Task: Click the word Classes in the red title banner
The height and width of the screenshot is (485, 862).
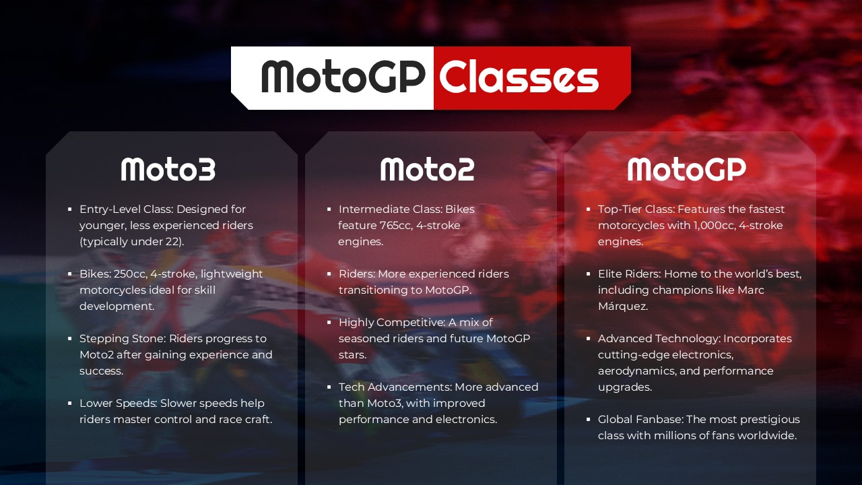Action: [x=519, y=77]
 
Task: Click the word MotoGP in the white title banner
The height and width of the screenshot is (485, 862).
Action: [x=343, y=77]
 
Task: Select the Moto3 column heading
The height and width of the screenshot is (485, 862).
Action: [x=168, y=169]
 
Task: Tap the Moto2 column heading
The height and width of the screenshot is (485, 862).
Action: [x=427, y=169]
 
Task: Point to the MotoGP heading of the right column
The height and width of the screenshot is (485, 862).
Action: [x=686, y=169]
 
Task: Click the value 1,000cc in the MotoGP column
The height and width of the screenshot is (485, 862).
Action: [x=715, y=226]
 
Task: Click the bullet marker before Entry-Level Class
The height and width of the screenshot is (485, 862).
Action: [x=70, y=209]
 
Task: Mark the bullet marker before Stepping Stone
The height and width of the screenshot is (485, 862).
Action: [x=70, y=339]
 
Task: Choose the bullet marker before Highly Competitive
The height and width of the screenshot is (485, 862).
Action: [x=329, y=323]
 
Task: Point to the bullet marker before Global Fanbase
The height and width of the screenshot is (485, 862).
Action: [x=589, y=420]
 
